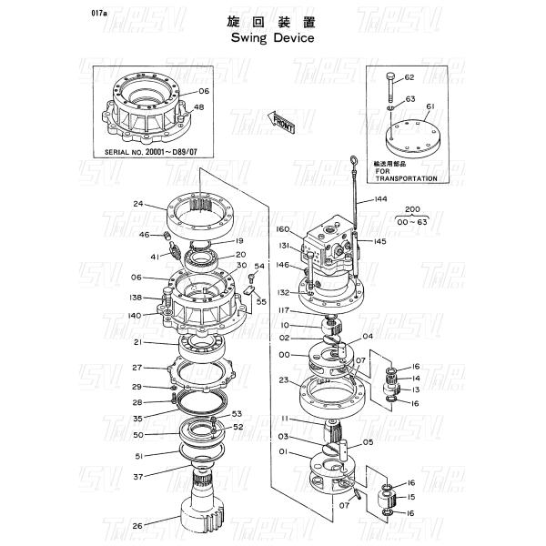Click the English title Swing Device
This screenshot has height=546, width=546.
[x=272, y=39]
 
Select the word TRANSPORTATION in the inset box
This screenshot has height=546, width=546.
[x=406, y=178]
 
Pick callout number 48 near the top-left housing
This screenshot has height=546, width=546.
[x=198, y=108]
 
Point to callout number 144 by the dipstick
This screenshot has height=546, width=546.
[x=379, y=197]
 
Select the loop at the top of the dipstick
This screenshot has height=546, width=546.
[x=349, y=164]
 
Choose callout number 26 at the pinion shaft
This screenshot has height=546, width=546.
[x=137, y=524]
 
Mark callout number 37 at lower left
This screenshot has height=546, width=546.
[x=137, y=476]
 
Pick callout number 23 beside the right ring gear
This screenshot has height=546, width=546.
[x=284, y=380]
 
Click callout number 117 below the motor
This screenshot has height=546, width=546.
[x=284, y=310]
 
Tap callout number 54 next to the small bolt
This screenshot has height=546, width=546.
[x=258, y=266]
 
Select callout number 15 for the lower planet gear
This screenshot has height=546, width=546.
[x=411, y=498]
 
